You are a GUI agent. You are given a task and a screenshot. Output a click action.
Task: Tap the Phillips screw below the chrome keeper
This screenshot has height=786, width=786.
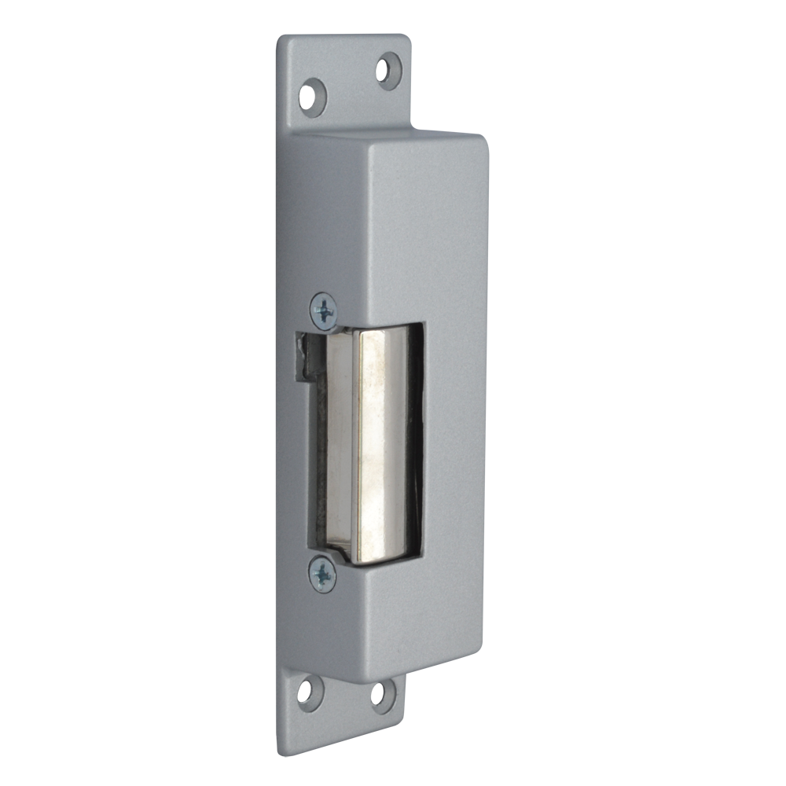(322, 574)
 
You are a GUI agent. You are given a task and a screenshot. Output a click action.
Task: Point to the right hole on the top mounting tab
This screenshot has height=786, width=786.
(389, 70)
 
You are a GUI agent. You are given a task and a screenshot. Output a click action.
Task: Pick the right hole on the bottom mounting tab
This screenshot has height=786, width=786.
(384, 695)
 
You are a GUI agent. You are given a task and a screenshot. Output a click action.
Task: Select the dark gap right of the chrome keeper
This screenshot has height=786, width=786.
(416, 440)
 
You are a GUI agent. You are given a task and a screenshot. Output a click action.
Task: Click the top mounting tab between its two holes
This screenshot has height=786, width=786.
(350, 83)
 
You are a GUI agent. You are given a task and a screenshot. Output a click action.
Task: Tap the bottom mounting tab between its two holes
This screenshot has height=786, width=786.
(346, 693)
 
